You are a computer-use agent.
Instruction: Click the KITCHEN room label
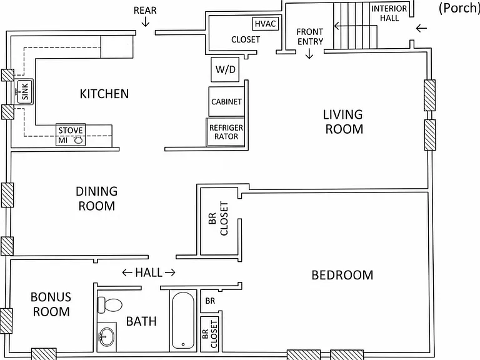tap(104, 94)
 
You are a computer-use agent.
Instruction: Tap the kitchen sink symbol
tap(24, 91)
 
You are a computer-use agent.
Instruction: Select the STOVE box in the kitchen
tap(71, 135)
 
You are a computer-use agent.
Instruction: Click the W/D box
tap(225, 69)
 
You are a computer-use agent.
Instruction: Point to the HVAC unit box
tap(266, 24)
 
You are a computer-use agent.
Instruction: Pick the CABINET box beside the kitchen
tap(226, 101)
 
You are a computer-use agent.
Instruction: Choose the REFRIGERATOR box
tap(226, 132)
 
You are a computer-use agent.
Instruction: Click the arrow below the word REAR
tap(145, 21)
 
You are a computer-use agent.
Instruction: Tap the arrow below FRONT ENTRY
tap(309, 54)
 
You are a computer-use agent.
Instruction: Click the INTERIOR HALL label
tap(389, 13)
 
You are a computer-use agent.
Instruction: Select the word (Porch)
tap(459, 8)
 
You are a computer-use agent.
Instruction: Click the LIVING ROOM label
tap(344, 122)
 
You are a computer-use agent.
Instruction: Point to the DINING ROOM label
tap(97, 199)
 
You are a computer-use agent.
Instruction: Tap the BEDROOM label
tap(342, 275)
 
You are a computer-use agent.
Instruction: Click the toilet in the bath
tap(110, 305)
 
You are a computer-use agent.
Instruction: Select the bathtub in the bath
tap(183, 321)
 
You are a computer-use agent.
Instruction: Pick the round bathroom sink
tap(106, 337)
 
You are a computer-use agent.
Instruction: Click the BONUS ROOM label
tap(51, 304)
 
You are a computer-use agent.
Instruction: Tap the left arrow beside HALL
tap(127, 272)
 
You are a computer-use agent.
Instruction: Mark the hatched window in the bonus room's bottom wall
tap(44, 354)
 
